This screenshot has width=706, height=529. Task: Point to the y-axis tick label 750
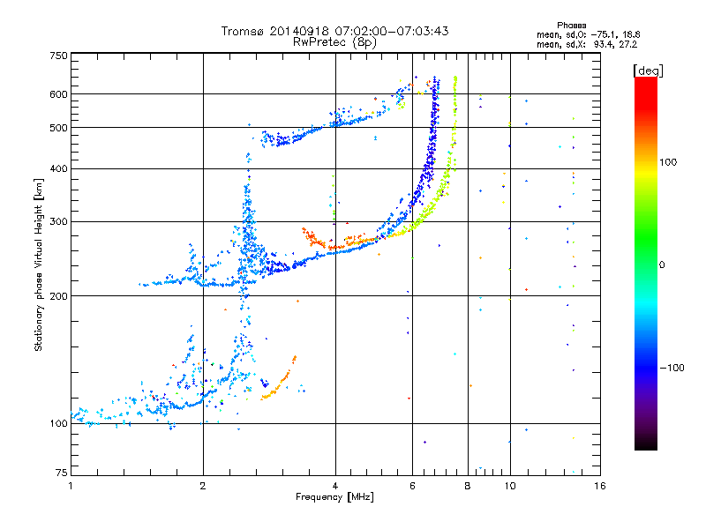[58, 55]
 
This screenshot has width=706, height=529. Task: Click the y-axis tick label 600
[58, 93]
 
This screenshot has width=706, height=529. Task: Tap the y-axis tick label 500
[58, 127]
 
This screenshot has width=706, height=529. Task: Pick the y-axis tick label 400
[58, 168]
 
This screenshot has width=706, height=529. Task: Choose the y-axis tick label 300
[58, 220]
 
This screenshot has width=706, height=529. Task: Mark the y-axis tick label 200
[58, 295]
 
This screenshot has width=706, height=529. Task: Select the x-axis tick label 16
[599, 486]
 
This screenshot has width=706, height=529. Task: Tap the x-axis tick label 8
[467, 486]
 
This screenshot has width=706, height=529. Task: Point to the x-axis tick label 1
[71, 486]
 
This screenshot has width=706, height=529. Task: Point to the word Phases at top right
[573, 25]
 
